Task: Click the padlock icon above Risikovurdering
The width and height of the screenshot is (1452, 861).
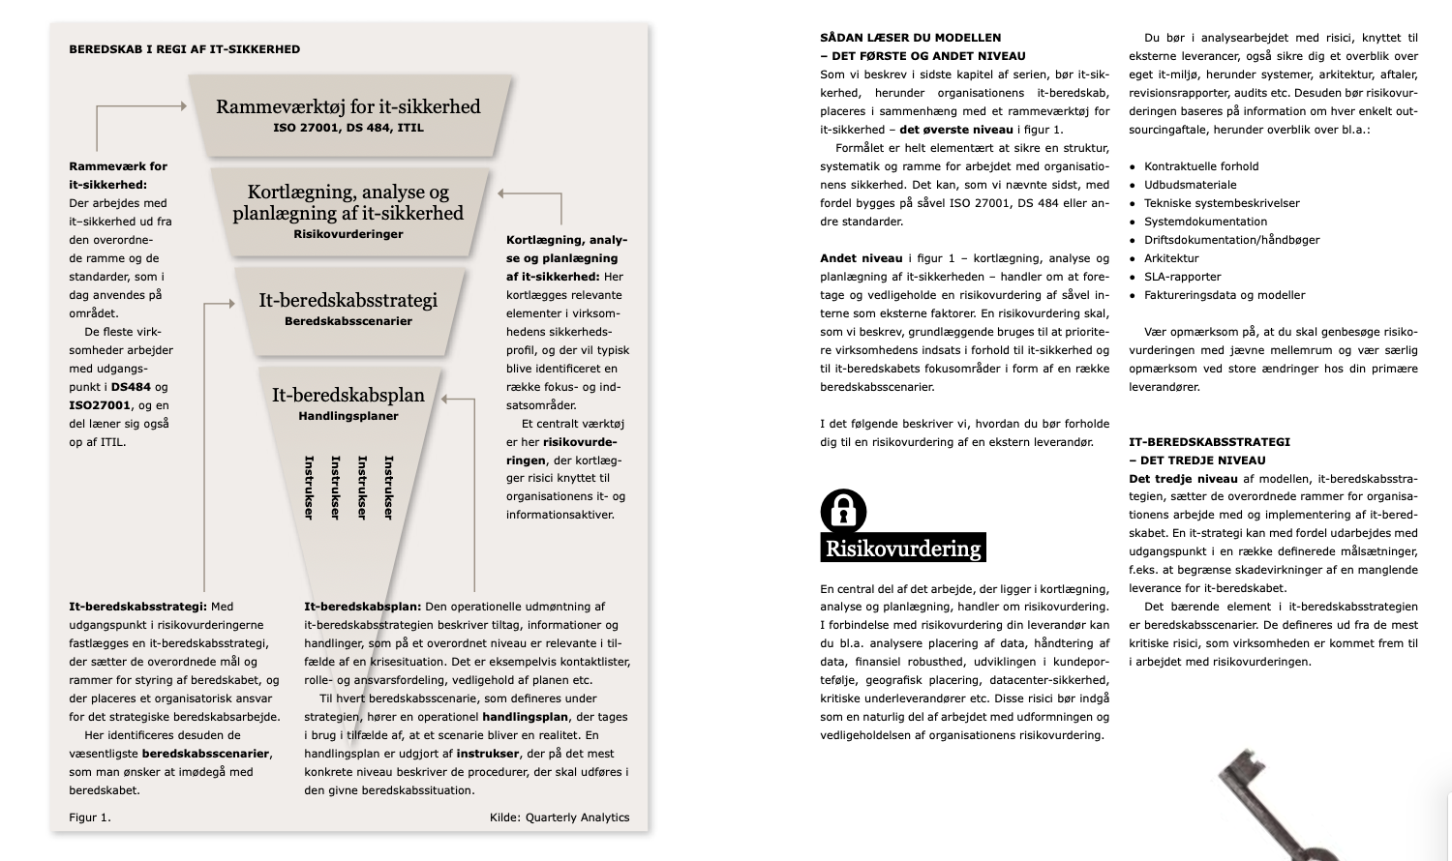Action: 843,510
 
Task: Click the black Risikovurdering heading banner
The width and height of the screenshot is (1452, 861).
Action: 902,549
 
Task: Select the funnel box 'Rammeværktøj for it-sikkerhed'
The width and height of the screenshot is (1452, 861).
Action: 348,115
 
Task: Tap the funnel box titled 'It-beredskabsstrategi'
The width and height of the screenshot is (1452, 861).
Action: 348,309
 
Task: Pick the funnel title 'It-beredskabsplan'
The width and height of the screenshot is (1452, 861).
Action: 348,395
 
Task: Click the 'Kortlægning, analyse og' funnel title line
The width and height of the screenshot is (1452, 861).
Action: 348,192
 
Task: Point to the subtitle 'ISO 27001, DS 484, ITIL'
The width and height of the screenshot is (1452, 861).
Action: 348,128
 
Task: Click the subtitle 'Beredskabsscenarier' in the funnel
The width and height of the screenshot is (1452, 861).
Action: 348,321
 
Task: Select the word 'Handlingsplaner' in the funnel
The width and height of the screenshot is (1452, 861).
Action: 348,416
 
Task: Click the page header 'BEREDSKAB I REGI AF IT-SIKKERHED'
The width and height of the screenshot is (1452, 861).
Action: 185,49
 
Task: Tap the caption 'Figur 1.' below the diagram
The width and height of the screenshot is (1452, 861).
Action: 90,817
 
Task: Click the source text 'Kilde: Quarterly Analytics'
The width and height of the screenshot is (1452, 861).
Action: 560,817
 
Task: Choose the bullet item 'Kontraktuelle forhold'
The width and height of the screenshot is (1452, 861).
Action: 1201,166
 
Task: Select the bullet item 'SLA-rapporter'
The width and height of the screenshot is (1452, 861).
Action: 1182,277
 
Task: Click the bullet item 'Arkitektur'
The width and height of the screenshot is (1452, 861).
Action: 1171,258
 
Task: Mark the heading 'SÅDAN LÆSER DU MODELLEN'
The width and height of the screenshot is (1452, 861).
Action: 911,38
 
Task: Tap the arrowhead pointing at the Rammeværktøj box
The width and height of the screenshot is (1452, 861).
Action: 181,106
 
